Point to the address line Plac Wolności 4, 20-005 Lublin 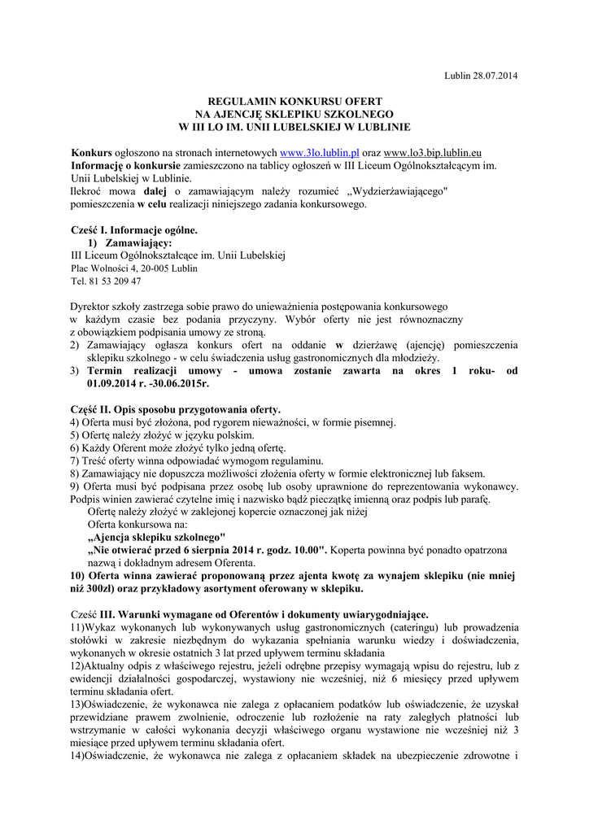tap(133, 268)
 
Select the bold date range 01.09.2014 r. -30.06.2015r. tap(148, 382)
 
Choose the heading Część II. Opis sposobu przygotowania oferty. tap(176, 409)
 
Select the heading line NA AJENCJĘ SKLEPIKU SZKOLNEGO tap(294, 114)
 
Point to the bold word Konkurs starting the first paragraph tap(90, 152)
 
